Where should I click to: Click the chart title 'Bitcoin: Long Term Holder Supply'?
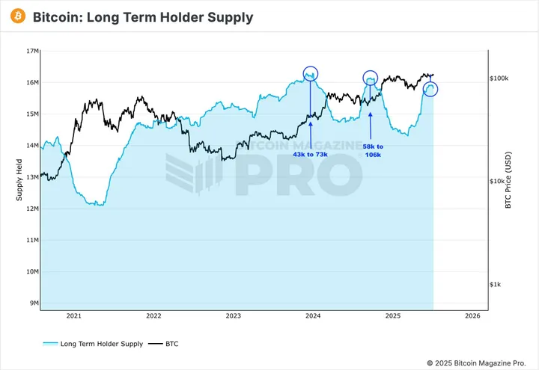point(143,17)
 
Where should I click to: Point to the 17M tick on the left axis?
point(31,51)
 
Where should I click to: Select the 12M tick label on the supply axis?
point(31,209)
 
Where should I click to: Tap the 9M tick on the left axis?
point(33,303)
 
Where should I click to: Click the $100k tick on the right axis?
point(499,78)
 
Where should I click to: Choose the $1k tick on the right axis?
point(499,285)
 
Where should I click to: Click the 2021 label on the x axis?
point(73,316)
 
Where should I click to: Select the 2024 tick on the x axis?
point(313,316)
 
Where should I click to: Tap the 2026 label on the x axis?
point(472,316)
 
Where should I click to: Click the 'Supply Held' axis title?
point(20,180)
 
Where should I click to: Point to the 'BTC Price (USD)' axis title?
point(508,180)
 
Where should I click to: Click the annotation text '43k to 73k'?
point(310,154)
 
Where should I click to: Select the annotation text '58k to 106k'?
point(373,151)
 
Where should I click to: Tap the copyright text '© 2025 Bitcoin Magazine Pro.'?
point(477,363)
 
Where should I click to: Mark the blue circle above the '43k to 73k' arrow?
point(311,73)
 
